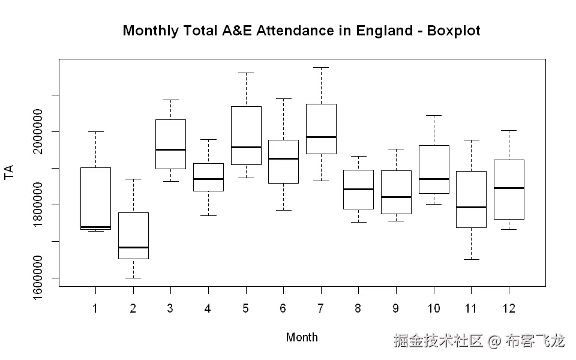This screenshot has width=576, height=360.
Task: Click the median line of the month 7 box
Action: pos(321,137)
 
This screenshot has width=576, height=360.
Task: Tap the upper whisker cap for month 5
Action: pos(246,73)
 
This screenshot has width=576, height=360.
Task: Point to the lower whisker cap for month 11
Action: pos(471,259)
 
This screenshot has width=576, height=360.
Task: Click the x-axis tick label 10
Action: pos(433,308)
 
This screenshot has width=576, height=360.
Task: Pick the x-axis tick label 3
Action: pos(170,308)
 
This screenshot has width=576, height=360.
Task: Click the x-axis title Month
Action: pos(302,337)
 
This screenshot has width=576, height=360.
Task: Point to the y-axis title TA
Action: pos(9,173)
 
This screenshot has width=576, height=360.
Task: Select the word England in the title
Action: pos(384,31)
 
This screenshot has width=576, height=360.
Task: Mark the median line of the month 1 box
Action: pos(95,227)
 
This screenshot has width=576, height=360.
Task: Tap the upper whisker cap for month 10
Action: pos(433,115)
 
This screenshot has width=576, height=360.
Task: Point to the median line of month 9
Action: pos(396,197)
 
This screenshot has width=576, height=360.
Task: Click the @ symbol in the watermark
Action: pos(494,341)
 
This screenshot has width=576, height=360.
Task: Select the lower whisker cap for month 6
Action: pos(283,210)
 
